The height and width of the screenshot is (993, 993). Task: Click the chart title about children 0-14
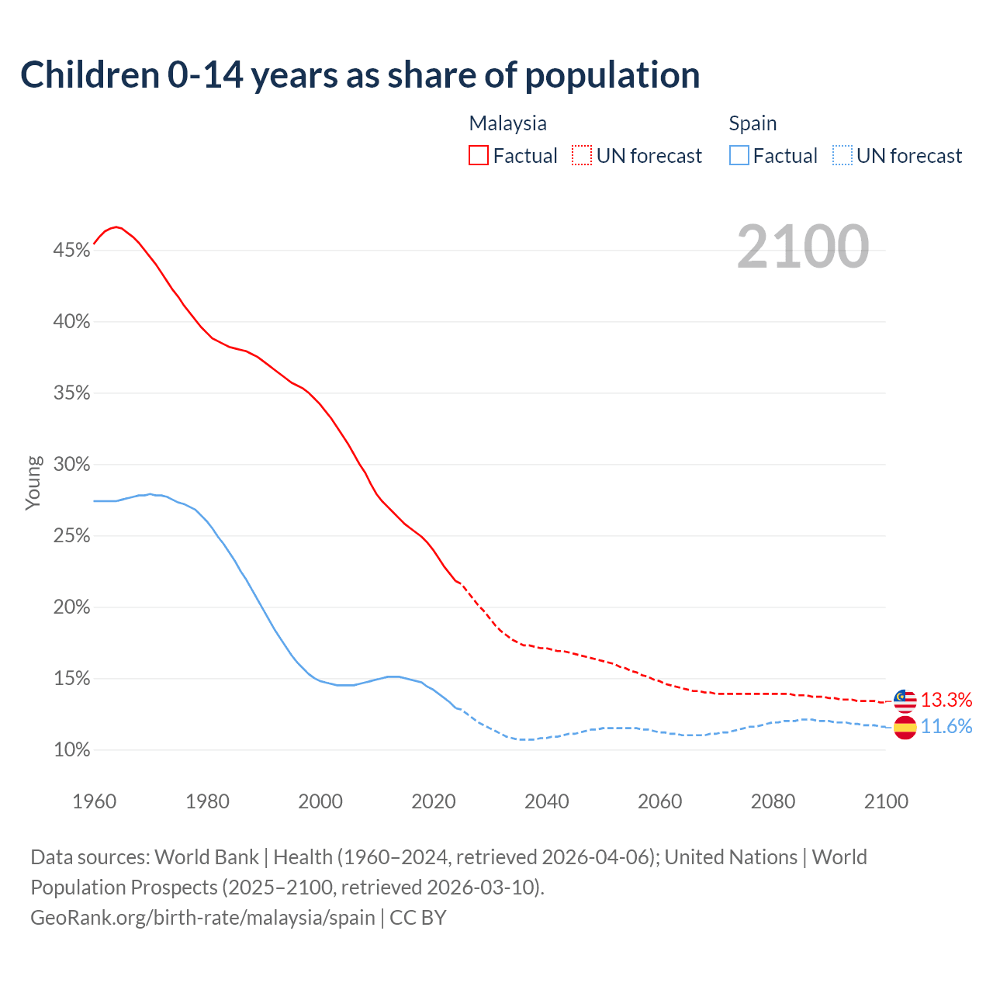360,75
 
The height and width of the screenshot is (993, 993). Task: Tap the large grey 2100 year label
802,247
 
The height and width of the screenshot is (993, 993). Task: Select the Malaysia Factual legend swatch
479,155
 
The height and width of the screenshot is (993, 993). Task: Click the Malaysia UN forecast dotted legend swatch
582,155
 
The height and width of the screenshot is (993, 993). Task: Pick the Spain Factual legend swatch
739,155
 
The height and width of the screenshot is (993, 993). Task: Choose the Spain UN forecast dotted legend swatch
842,155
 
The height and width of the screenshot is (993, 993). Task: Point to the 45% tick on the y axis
71,251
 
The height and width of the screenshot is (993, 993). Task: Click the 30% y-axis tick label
71,465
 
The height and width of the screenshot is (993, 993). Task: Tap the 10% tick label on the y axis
71,750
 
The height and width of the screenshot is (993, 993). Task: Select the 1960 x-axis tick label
94,801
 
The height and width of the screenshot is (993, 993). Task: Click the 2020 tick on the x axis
433,801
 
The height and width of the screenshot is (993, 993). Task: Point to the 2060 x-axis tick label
659,801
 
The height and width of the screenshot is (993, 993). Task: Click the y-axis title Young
33,483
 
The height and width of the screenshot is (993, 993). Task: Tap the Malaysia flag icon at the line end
905,700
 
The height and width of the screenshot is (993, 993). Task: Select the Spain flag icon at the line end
905,727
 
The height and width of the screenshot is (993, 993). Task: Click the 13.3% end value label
946,700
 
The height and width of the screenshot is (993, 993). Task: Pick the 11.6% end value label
946,727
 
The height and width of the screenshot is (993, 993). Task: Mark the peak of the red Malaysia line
116,227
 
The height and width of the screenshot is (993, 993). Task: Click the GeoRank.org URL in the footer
202,918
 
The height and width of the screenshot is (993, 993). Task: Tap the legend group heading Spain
753,123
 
